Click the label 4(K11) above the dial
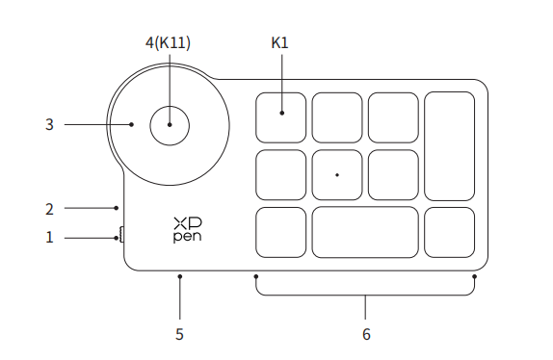click(168, 43)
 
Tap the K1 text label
click(279, 43)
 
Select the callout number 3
click(49, 125)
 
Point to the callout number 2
click(49, 209)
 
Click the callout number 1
click(49, 238)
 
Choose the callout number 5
click(179, 334)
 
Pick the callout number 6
click(366, 334)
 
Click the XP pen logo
click(188, 230)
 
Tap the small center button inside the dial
click(170, 125)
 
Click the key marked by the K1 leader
click(280, 117)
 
